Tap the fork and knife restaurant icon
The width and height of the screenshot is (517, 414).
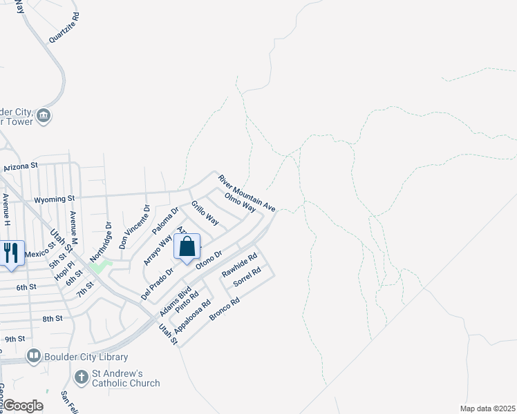tap(11, 253)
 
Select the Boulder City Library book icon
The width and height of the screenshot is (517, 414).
tap(33, 356)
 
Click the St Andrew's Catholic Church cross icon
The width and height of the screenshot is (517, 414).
tap(81, 377)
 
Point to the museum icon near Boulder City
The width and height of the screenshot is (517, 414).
tap(44, 115)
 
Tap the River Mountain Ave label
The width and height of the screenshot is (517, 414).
tap(247, 193)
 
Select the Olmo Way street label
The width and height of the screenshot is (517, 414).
tap(241, 202)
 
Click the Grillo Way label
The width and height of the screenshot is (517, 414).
tap(205, 213)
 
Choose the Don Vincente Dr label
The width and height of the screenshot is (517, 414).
tap(133, 226)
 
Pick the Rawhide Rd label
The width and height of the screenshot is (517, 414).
tap(239, 264)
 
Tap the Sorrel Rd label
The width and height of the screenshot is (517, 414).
tap(247, 277)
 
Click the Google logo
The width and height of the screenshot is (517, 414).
tap(22, 406)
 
